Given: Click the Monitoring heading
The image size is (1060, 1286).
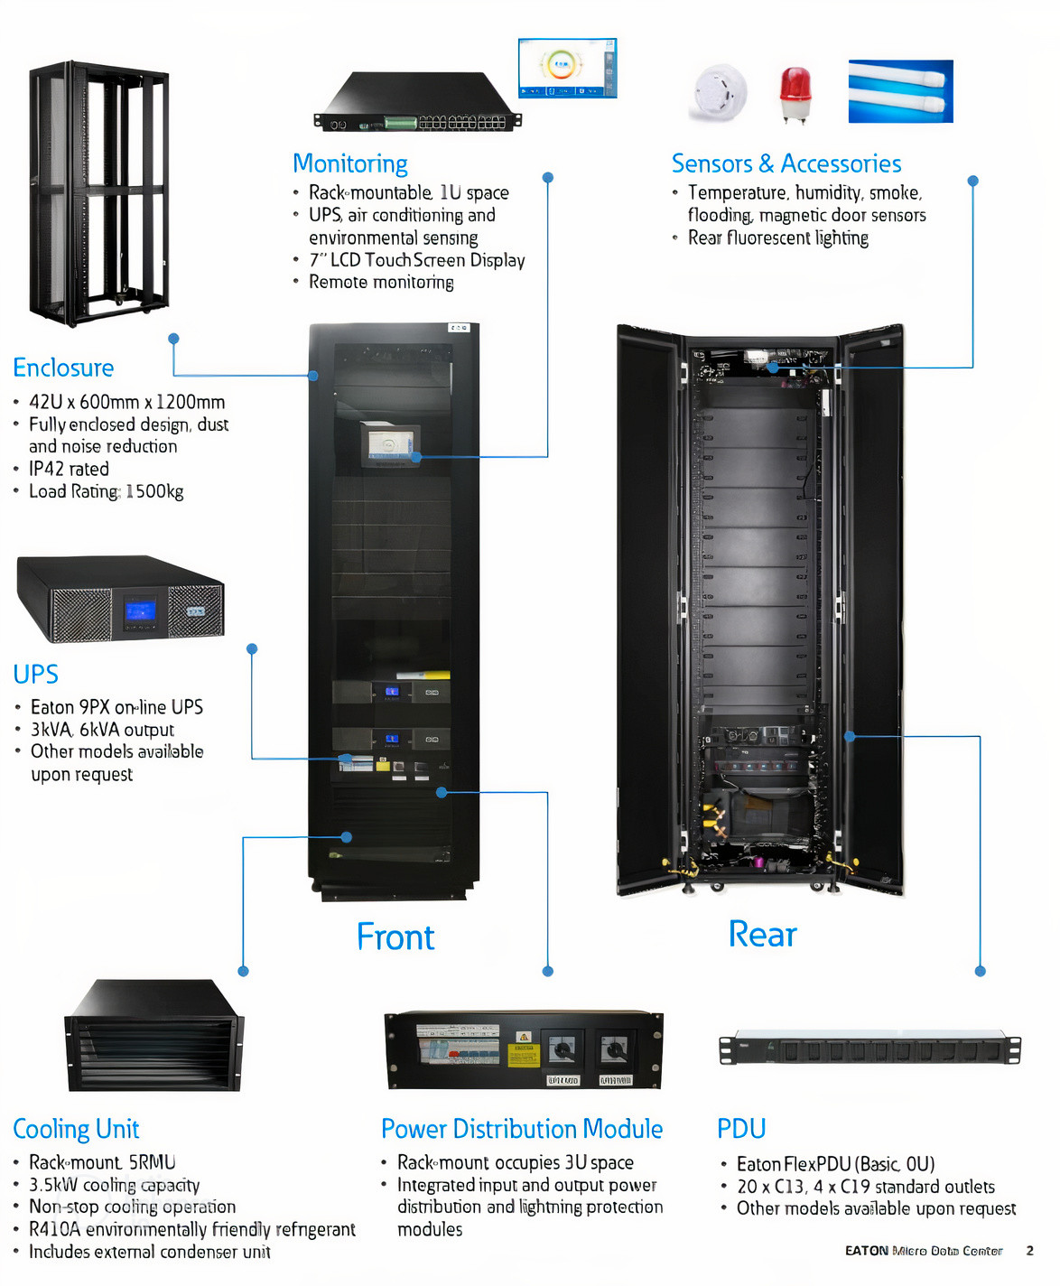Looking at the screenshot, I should coord(349,163).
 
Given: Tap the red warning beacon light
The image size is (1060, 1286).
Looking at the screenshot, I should coord(795,93).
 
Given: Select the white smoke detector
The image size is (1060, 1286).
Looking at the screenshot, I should coord(720,91).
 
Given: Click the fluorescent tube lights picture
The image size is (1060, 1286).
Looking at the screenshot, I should coord(900,91).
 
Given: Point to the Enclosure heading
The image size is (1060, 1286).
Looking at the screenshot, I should coord(63,368).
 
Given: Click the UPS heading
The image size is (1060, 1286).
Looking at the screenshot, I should coord(35,674).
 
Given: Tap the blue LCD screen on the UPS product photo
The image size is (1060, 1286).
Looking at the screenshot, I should coord(140,610).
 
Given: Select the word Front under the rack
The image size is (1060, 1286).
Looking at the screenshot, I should coord(395,937).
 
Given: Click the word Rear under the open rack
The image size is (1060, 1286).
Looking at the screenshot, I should coord(762,934).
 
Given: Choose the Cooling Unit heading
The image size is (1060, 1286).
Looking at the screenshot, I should coord(76,1129).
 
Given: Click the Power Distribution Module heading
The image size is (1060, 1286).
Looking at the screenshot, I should coord(522,1129).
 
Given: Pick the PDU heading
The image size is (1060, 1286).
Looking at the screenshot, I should coord(741,1129).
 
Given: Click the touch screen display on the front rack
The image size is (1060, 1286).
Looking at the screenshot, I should coord(388,445).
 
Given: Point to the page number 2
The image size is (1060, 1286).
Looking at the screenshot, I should coord(1029,1251).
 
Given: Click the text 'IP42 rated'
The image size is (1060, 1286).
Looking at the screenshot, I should coord(69,469).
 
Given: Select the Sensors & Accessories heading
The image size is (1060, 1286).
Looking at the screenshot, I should coord(786,163).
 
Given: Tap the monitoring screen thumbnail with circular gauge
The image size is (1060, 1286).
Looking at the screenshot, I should coord(567,68).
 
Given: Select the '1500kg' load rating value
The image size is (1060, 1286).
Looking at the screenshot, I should coord(154,491).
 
